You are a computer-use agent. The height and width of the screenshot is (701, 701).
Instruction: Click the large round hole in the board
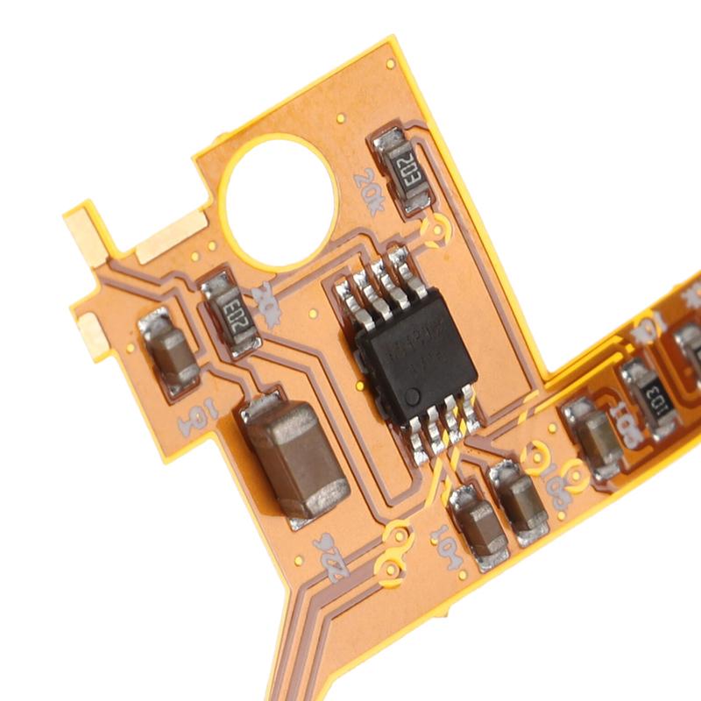[x=278, y=201]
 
